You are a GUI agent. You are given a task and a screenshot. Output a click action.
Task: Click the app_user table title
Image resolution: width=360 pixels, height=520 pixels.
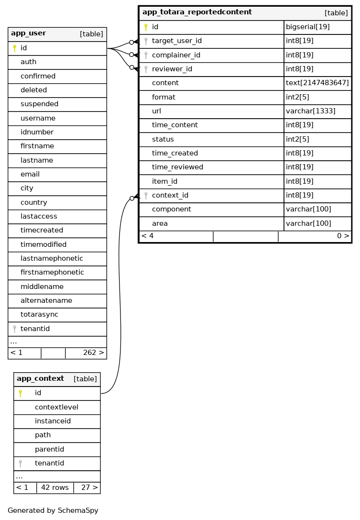[29, 33]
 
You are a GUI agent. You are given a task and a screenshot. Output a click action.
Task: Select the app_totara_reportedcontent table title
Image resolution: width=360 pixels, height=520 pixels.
[197, 12]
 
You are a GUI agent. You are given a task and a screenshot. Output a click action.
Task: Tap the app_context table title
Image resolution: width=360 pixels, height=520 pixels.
[40, 379]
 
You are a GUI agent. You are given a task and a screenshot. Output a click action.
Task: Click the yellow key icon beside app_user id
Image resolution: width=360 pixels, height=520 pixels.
[14, 48]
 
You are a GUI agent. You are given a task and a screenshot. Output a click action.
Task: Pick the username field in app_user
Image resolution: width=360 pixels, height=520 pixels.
[38, 118]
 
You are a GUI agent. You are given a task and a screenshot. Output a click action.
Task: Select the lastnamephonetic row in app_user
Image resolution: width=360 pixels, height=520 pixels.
[52, 258]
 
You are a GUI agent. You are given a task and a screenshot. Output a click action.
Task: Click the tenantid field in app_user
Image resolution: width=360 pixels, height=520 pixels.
[35, 329]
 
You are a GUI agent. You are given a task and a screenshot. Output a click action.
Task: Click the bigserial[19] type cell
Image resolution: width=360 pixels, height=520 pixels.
[307, 27]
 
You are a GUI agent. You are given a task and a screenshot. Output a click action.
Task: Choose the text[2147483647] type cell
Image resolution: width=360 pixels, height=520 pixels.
[317, 83]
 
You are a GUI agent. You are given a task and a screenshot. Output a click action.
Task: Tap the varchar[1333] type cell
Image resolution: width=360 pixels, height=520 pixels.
[310, 111]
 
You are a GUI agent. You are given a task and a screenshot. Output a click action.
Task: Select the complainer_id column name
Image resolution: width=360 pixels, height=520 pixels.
[176, 55]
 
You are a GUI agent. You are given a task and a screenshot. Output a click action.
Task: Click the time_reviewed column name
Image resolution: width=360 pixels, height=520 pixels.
[177, 167]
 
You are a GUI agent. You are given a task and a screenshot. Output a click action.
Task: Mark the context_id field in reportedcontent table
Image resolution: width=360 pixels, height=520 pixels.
[170, 195]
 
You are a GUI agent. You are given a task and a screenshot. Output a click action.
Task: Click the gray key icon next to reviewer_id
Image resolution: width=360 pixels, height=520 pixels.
[146, 69]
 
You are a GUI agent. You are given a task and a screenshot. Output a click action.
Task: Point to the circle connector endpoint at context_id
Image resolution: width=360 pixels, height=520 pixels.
[131, 198]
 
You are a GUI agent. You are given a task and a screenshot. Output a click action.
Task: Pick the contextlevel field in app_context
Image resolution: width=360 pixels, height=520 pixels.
[56, 407]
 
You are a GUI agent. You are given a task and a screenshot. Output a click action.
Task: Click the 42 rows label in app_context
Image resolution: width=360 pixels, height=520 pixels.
[55, 487]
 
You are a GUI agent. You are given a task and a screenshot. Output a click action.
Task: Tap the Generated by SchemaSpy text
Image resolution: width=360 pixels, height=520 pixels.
[53, 510]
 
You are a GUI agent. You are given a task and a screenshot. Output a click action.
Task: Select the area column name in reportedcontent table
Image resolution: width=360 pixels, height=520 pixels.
[160, 223]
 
